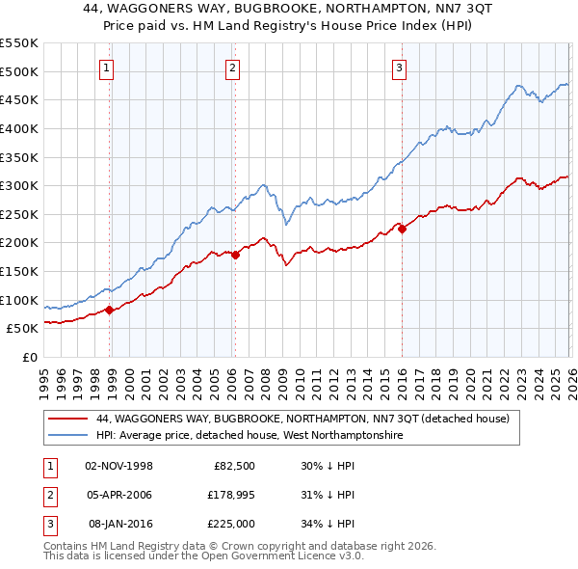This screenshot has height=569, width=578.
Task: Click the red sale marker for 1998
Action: coord(109,310)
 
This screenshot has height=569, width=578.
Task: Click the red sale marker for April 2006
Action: coord(235,255)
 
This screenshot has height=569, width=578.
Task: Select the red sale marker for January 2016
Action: coord(402,229)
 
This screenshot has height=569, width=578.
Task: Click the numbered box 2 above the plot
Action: coord(233,68)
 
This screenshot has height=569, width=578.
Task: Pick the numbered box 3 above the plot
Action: coord(399,68)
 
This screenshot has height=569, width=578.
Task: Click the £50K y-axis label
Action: coord(22,328)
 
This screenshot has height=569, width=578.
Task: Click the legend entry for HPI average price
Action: coord(249,436)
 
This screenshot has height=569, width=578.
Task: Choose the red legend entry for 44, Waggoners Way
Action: coord(308,420)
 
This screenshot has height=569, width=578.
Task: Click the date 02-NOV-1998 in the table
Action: coord(119,465)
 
